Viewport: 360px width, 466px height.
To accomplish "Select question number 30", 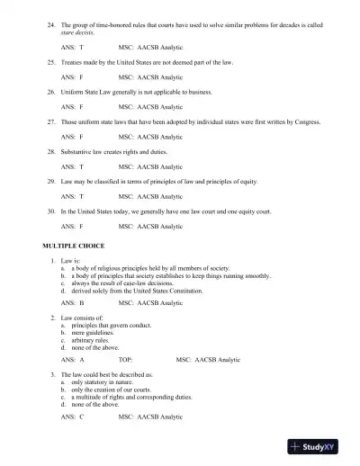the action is coord(50,209).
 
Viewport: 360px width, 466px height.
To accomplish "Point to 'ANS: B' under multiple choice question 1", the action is coord(72,303).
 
